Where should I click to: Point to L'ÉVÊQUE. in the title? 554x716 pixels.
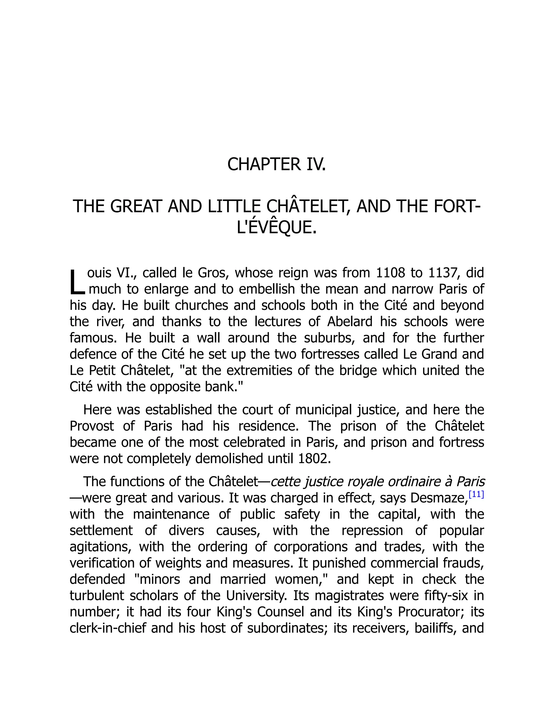(277, 227)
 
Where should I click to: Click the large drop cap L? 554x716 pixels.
(77, 282)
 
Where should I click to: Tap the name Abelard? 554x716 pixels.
(349, 322)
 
